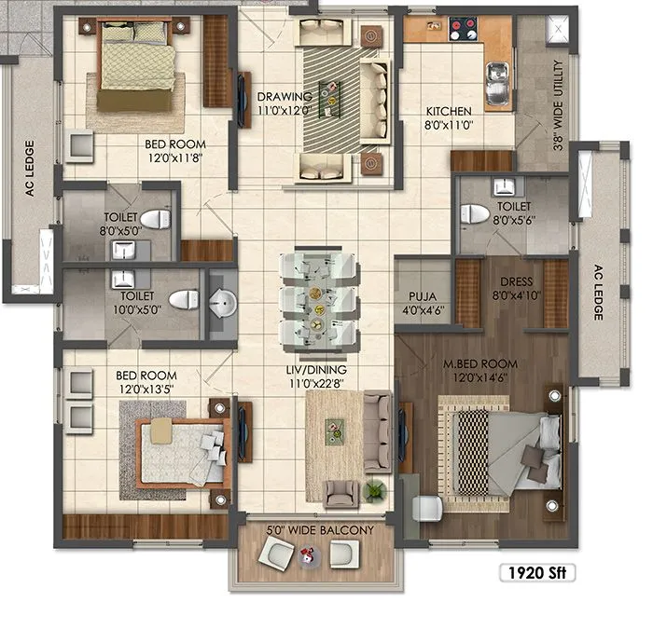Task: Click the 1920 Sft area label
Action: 535,571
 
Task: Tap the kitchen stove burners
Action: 461,28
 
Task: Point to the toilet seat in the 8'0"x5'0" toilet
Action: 160,220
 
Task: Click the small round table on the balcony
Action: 307,557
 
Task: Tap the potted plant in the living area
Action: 375,489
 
